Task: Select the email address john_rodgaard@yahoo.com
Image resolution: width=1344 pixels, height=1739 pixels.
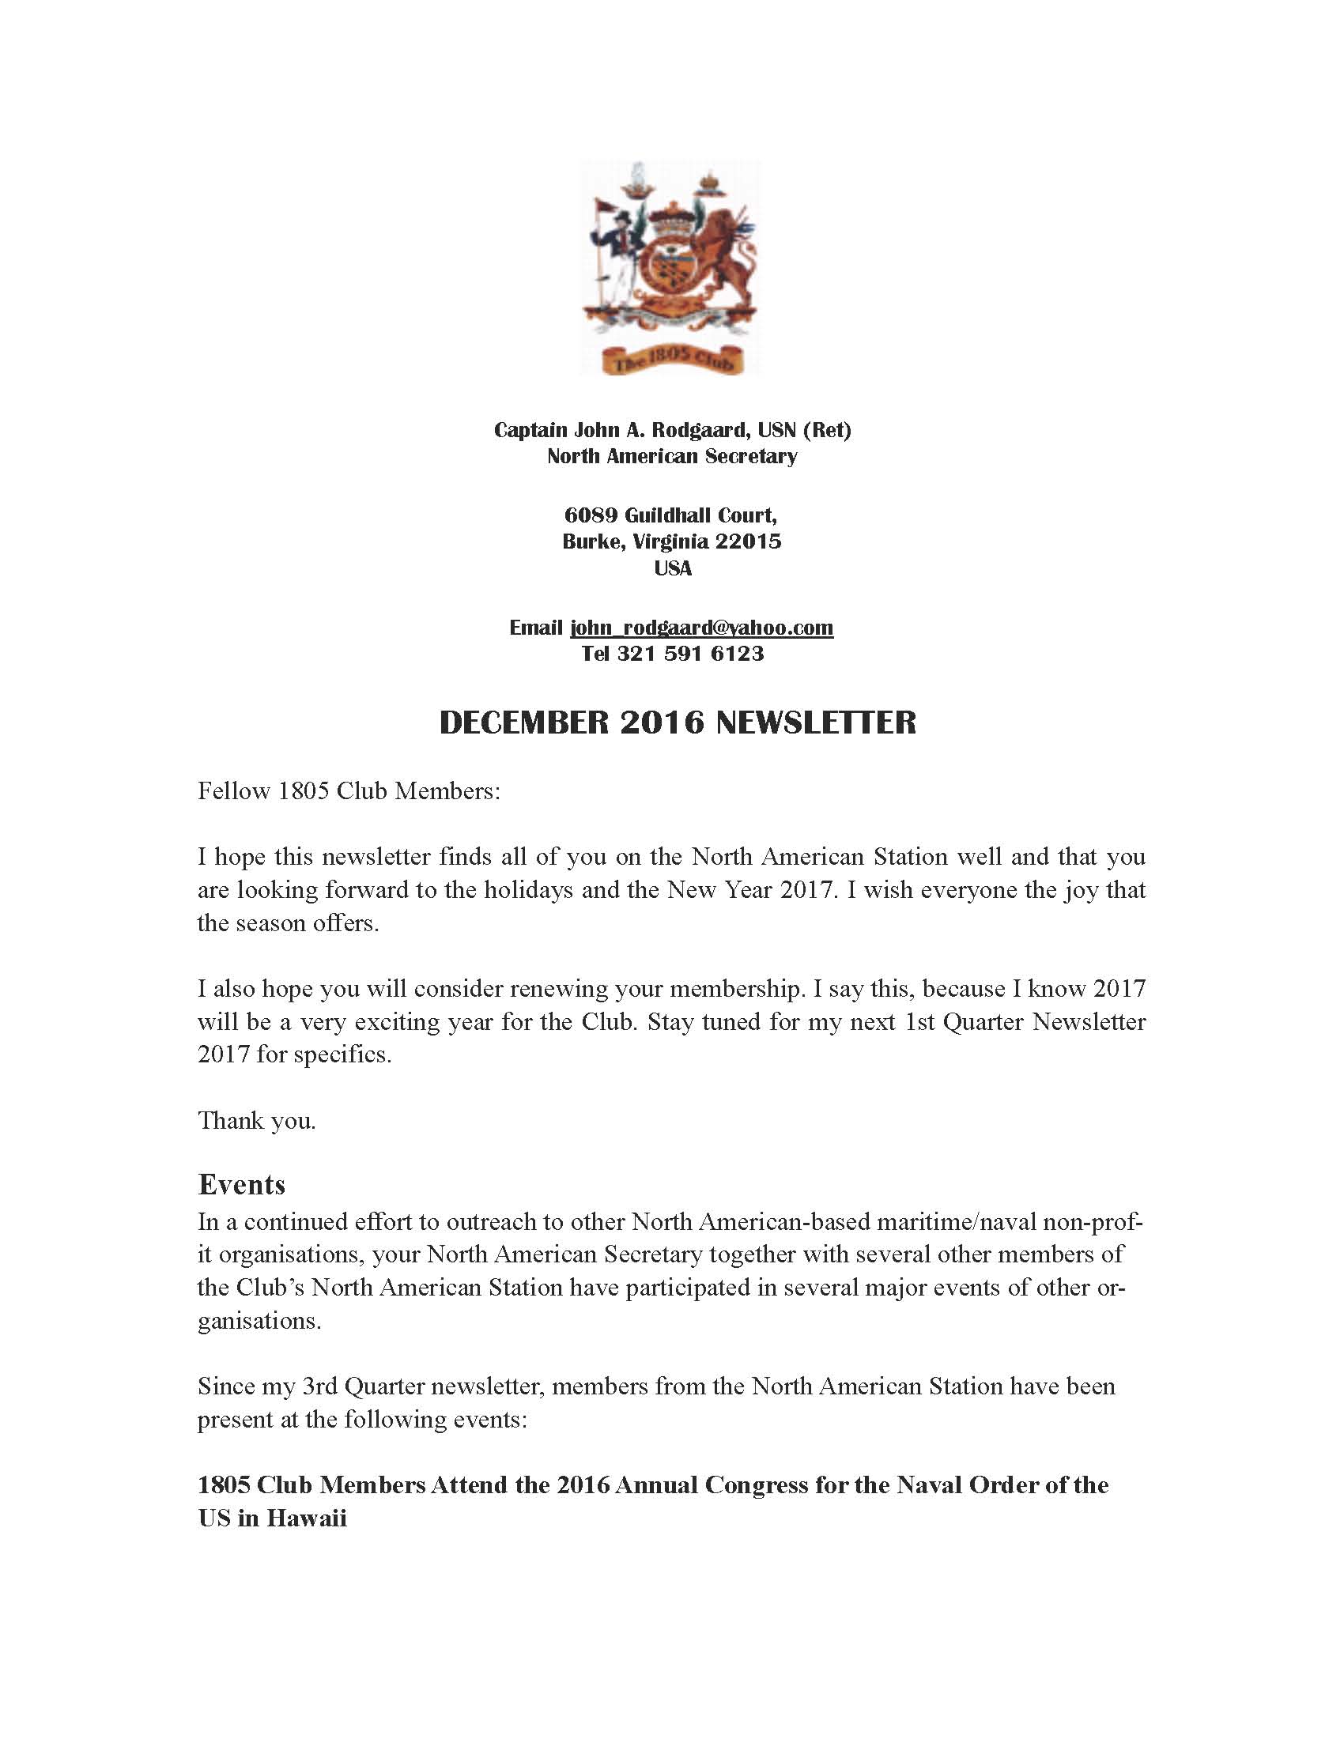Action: pyautogui.click(x=701, y=628)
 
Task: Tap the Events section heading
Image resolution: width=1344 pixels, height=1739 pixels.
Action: pyautogui.click(x=241, y=1184)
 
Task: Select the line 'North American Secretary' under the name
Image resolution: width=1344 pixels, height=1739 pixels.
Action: pyautogui.click(x=672, y=456)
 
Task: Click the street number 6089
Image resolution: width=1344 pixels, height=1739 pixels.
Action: pyautogui.click(x=591, y=515)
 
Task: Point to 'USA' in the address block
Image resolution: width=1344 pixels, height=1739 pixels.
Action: pyautogui.click(x=672, y=568)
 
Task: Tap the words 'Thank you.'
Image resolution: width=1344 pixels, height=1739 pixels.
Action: pyautogui.click(x=256, y=1120)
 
